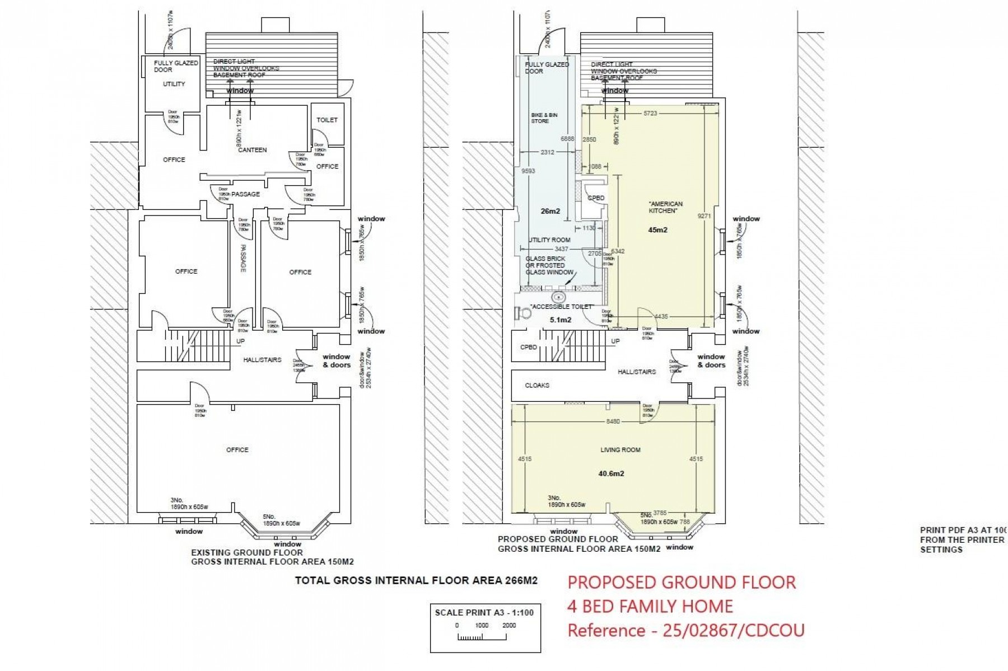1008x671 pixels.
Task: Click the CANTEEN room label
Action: click(252, 150)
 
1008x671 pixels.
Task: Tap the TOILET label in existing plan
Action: click(327, 120)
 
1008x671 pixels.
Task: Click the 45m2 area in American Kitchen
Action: click(657, 230)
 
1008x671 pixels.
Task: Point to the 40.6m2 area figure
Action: click(611, 473)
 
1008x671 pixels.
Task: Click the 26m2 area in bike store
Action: click(550, 212)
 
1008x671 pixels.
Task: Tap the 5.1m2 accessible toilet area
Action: click(560, 320)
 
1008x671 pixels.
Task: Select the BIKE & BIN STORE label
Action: click(544, 118)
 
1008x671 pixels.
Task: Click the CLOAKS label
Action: click(537, 386)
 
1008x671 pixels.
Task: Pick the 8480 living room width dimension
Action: click(613, 421)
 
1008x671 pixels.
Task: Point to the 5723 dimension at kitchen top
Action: click(650, 113)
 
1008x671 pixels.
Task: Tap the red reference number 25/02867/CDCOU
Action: click(734, 630)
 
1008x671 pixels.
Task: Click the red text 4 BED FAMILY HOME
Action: click(650, 606)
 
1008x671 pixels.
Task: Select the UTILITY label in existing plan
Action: click(174, 84)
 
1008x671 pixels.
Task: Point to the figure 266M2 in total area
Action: click(521, 581)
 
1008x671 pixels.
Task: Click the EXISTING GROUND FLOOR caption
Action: click(247, 552)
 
